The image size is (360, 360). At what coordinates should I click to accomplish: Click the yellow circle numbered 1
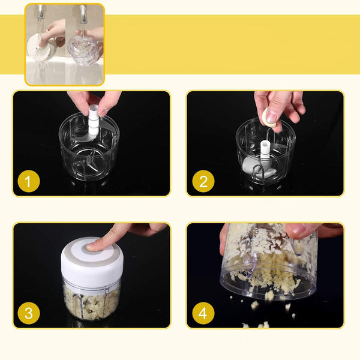(29, 181)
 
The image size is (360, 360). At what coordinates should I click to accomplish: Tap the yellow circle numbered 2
(203, 181)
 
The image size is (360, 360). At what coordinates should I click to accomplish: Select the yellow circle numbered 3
(29, 313)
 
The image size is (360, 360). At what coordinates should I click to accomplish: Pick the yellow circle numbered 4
(203, 313)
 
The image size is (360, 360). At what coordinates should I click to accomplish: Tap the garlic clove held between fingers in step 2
(269, 118)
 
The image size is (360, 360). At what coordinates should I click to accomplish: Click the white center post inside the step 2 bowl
(265, 149)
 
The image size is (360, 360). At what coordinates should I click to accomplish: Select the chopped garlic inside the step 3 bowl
(91, 303)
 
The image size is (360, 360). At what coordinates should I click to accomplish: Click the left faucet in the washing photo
(41, 12)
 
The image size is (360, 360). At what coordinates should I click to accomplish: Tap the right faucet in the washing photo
(83, 14)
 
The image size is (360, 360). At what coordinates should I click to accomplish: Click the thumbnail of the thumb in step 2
(271, 116)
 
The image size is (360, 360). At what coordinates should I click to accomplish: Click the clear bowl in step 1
(89, 147)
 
